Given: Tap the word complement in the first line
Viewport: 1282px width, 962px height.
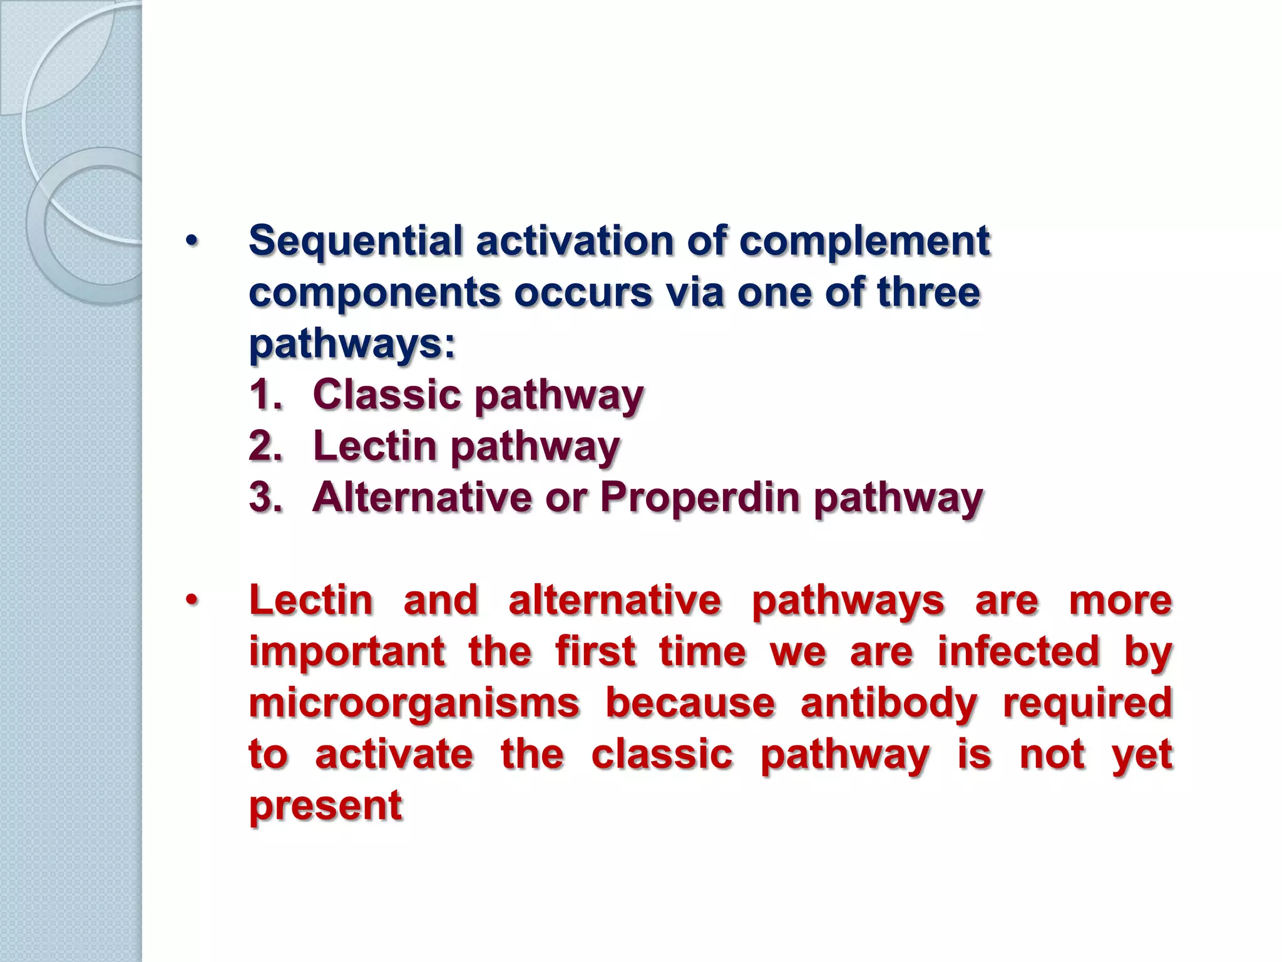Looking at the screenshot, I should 864,242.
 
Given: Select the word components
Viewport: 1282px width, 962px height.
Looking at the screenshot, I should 374,293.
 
